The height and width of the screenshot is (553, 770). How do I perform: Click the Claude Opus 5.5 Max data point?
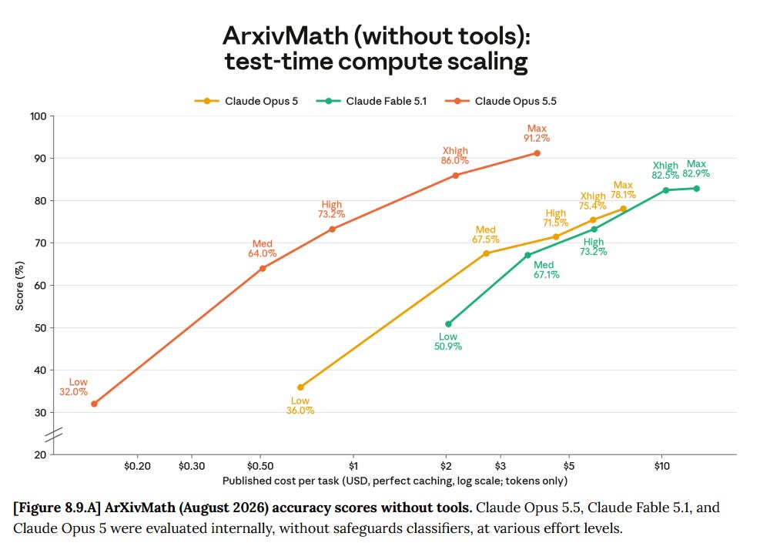click(537, 153)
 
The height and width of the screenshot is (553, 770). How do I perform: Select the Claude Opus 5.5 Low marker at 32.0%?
click(94, 404)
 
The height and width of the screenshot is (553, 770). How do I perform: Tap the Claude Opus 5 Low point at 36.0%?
click(300, 387)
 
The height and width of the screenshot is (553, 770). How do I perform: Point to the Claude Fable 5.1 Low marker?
click(448, 324)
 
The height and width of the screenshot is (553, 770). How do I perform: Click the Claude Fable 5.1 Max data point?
click(696, 189)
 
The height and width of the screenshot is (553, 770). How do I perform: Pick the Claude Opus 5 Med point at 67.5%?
click(486, 253)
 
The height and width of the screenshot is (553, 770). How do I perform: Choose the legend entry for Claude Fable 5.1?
click(371, 101)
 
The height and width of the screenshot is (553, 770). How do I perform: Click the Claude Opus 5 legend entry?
click(246, 101)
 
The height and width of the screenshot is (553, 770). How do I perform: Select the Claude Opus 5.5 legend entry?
click(500, 101)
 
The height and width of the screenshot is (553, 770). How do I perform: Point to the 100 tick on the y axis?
click(38, 116)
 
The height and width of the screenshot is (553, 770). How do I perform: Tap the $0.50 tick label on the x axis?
click(260, 466)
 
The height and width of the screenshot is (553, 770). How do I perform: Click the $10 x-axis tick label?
click(662, 466)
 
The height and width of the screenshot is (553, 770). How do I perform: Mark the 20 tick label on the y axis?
click(40, 454)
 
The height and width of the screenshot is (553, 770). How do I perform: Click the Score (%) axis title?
click(20, 286)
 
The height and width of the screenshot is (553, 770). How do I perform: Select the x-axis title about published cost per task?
click(395, 481)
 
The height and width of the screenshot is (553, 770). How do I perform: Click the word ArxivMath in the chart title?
click(286, 36)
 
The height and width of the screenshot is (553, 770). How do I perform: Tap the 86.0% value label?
click(455, 161)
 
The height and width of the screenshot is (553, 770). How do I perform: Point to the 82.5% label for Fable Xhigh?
click(665, 176)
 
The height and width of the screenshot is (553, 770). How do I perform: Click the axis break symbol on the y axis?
click(54, 434)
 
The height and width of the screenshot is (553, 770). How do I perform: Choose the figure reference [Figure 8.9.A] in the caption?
click(57, 508)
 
